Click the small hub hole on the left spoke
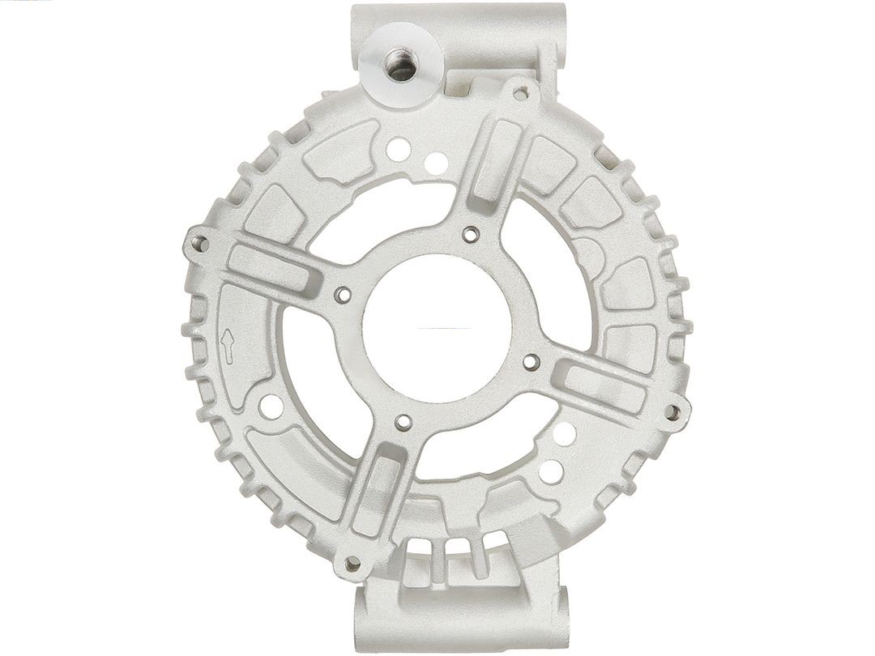point(341,295)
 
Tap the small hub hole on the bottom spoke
point(403,421)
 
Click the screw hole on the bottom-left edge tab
point(351,561)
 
